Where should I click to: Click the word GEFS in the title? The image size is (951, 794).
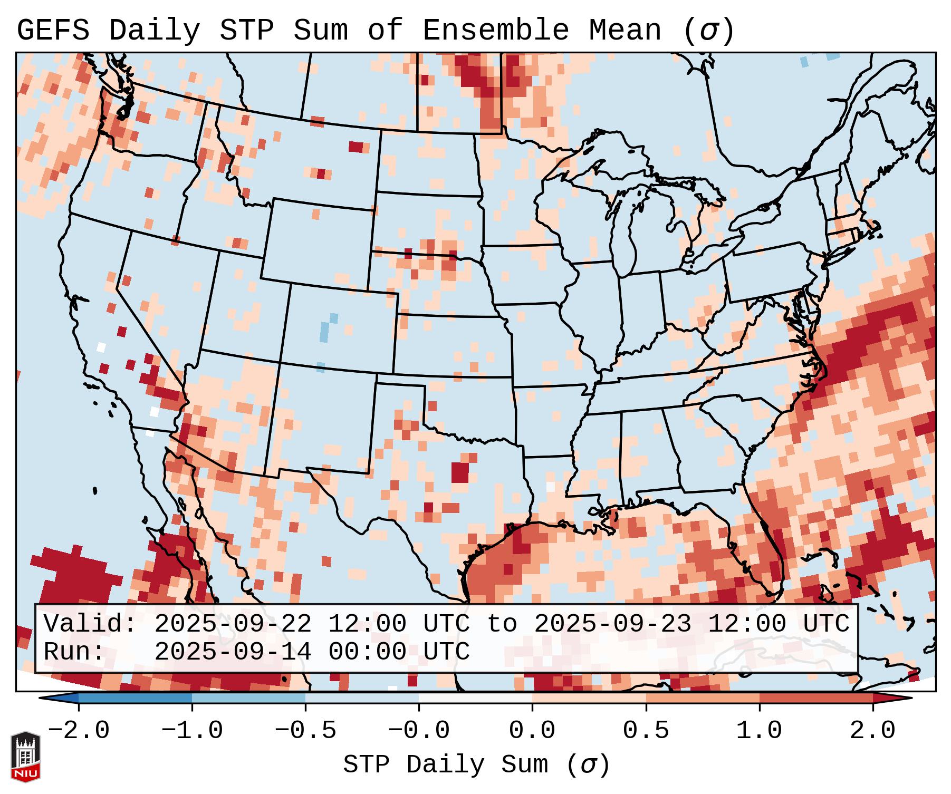(53, 31)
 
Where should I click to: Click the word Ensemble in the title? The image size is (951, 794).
(495, 31)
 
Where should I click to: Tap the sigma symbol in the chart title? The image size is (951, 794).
(708, 31)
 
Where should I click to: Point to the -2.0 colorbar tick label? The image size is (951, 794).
(79, 731)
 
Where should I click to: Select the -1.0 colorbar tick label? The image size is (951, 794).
(192, 731)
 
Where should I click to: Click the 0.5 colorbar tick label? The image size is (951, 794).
(646, 731)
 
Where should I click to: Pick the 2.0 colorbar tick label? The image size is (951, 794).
(872, 731)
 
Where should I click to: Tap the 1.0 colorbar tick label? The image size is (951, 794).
(759, 731)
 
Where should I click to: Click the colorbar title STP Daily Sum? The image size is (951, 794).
(446, 765)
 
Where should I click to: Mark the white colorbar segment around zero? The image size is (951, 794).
(475, 698)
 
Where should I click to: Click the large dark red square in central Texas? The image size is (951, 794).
(460, 472)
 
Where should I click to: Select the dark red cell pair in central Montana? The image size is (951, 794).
(357, 147)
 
